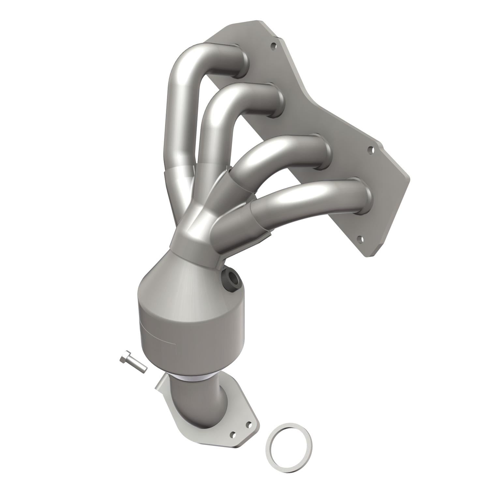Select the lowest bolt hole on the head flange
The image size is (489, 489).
(x=360, y=239)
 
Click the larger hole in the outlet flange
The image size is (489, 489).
(x=233, y=435)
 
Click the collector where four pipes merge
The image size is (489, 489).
(x=196, y=228)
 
